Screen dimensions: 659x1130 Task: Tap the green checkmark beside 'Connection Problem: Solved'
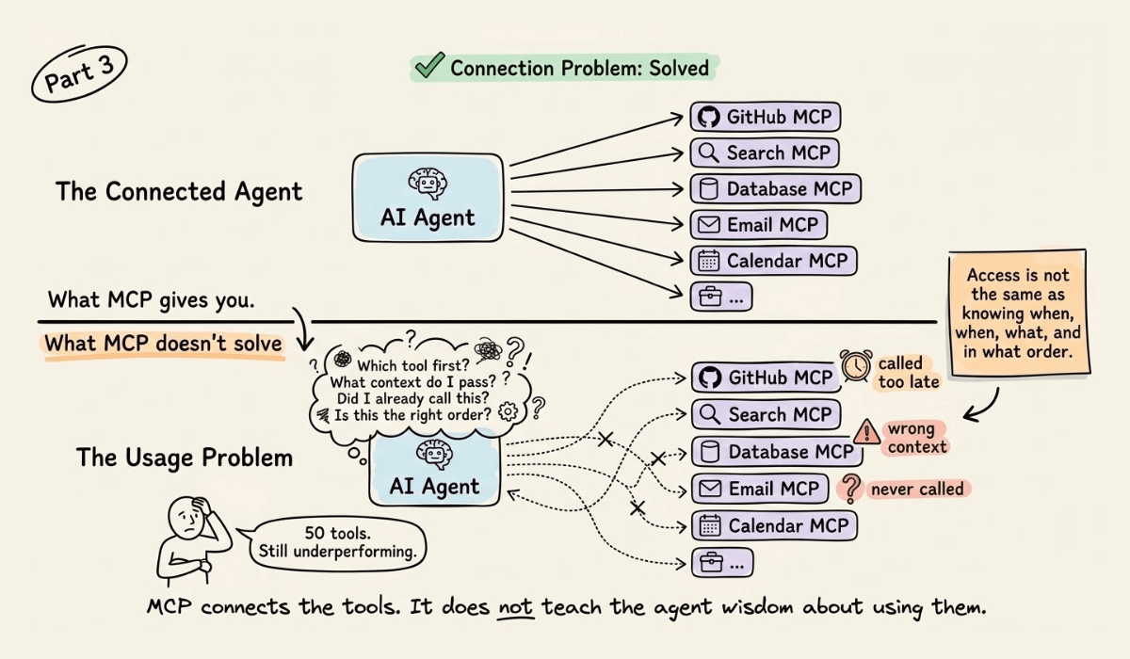click(429, 67)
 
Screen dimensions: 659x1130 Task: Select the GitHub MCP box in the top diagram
click(765, 117)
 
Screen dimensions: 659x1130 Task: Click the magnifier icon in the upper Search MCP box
click(706, 153)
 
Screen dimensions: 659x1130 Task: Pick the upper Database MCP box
click(775, 188)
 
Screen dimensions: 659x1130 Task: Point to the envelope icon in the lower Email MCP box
click(708, 489)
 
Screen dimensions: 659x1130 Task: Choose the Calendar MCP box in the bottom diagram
click(775, 525)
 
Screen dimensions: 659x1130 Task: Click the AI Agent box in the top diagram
click(428, 199)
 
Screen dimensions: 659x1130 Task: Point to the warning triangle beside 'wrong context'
click(865, 432)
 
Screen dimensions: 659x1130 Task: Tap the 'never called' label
click(916, 489)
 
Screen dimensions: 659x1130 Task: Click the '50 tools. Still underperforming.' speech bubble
click(336, 542)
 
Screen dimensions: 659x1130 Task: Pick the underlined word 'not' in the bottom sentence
click(515, 607)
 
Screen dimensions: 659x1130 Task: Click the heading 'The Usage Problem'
click(185, 458)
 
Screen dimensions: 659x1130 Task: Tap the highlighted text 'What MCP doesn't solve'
click(164, 344)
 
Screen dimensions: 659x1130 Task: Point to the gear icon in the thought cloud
click(508, 411)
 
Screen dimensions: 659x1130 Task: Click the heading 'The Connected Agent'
click(179, 191)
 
